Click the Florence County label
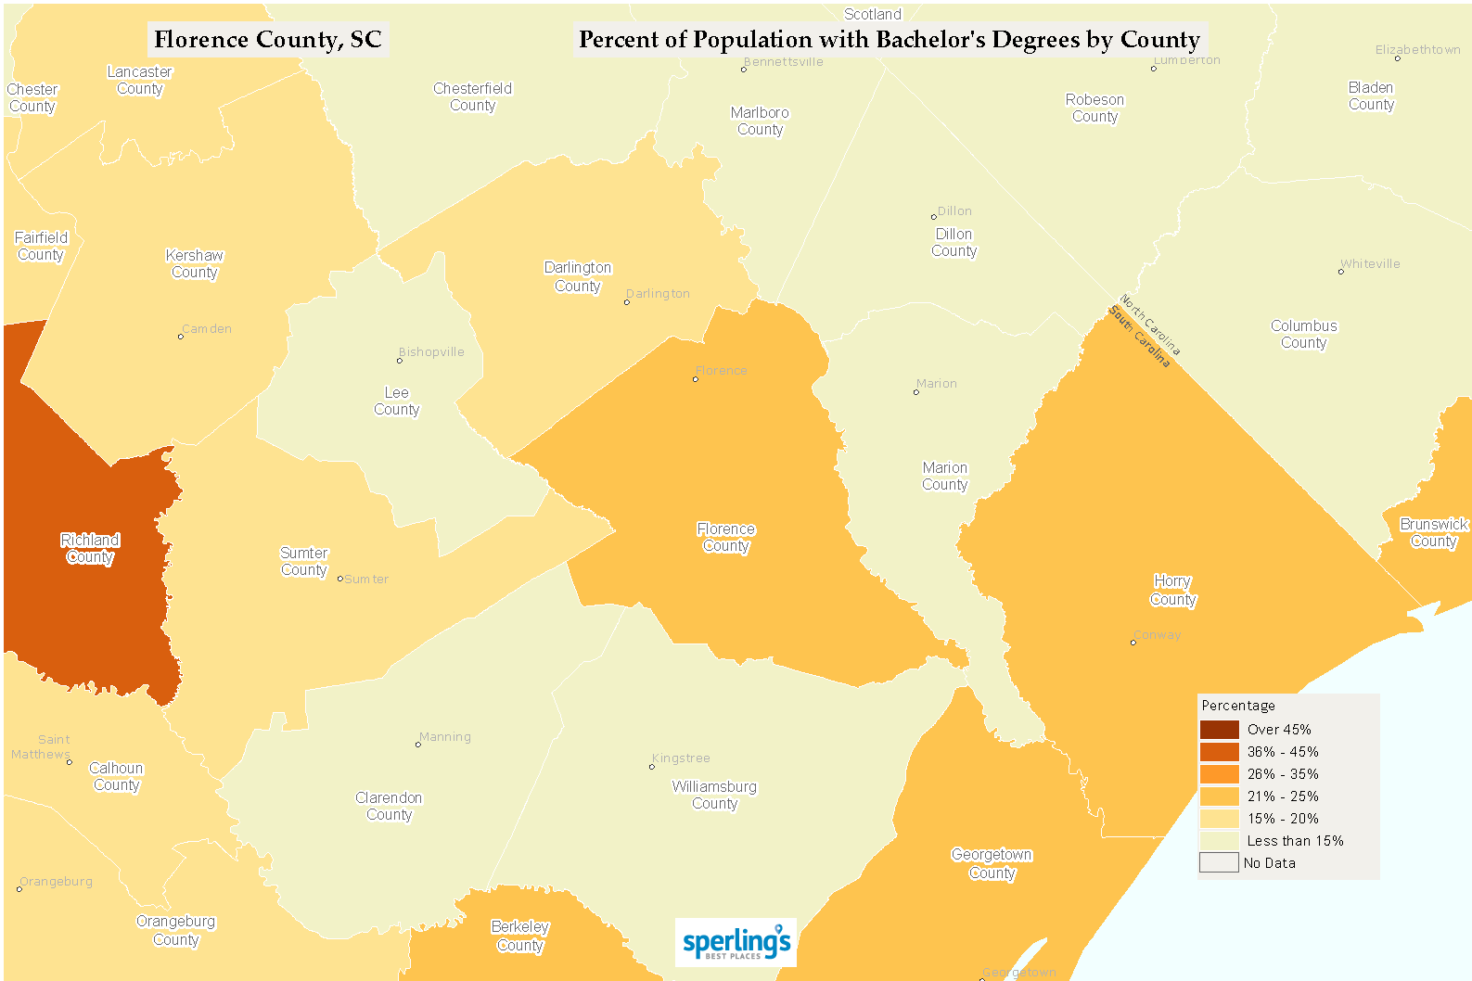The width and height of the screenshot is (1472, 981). point(725,538)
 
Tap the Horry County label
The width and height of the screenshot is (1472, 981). point(1172,591)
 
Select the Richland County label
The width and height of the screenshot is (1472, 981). point(90,549)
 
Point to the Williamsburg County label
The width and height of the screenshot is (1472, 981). point(714,796)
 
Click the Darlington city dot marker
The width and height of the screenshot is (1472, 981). point(627,302)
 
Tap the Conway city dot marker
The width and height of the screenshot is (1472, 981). point(1133,642)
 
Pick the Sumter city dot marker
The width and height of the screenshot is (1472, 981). point(340,579)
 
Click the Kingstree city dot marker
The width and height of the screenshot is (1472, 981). point(652,767)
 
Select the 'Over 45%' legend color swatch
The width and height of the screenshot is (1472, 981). point(1219,730)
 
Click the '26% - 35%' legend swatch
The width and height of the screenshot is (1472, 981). point(1219,774)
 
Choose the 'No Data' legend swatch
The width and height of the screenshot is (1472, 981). point(1219,863)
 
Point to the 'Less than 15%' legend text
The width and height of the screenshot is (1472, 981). point(1295,841)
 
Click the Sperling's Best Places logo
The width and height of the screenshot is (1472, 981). point(736,943)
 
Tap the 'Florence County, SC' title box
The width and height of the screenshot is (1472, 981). point(268,40)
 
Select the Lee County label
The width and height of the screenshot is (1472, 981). point(396,401)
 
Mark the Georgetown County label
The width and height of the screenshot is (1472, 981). point(992,864)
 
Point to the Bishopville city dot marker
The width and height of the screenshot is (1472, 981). point(400,361)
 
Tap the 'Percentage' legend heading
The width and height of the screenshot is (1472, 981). point(1238,706)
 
